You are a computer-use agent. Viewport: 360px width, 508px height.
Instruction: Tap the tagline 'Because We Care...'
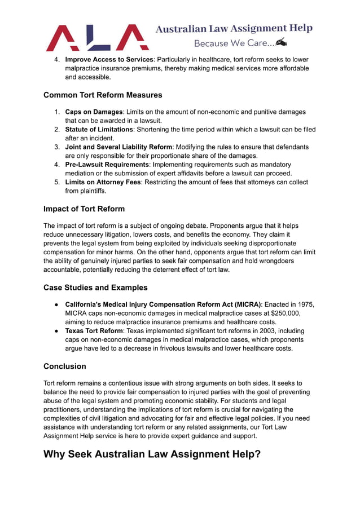[234, 43]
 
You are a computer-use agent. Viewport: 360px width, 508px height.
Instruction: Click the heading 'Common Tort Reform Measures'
[103, 95]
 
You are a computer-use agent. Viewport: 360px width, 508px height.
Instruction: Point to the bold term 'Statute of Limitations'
[99, 129]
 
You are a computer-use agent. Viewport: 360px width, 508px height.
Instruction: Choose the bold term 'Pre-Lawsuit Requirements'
[107, 165]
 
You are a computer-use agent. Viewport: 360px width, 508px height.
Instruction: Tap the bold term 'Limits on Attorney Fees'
[103, 182]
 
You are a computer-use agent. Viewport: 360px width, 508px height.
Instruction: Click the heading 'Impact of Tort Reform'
[84, 209]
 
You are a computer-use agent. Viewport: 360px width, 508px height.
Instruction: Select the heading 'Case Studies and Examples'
[95, 288]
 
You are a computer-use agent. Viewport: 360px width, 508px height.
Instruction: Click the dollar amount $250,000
[284, 313]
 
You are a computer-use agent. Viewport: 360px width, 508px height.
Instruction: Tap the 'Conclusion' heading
[65, 366]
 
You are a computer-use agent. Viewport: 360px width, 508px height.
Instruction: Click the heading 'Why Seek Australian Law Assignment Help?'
[152, 454]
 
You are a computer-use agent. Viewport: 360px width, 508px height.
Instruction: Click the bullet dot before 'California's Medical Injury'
[57, 304]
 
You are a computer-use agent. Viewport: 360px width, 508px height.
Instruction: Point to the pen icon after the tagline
[282, 42]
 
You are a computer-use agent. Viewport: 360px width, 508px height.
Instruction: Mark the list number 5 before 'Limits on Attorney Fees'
[57, 182]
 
